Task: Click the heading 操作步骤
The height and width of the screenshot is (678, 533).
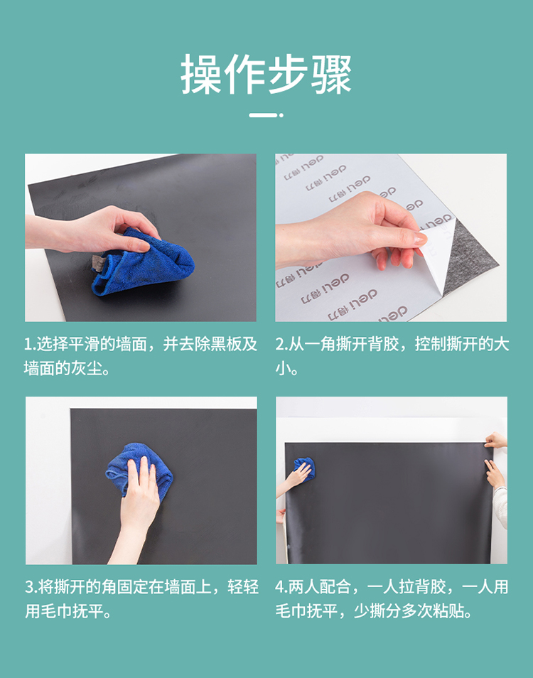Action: tap(266, 75)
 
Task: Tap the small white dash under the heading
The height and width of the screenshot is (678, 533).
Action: tap(263, 115)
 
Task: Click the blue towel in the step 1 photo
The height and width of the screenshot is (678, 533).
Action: tap(142, 262)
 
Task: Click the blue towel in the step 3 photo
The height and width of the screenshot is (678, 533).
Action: tap(139, 469)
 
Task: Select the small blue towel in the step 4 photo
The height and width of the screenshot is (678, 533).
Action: tap(304, 468)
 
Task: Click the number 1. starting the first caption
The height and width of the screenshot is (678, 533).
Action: tap(31, 345)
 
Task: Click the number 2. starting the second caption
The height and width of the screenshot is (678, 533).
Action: tap(282, 345)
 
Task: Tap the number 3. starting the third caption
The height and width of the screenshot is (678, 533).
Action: tap(31, 587)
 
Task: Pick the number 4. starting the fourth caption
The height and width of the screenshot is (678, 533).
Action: tap(282, 587)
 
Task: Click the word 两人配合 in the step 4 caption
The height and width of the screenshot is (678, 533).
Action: tap(320, 587)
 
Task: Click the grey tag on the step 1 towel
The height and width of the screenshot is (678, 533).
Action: tap(99, 264)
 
